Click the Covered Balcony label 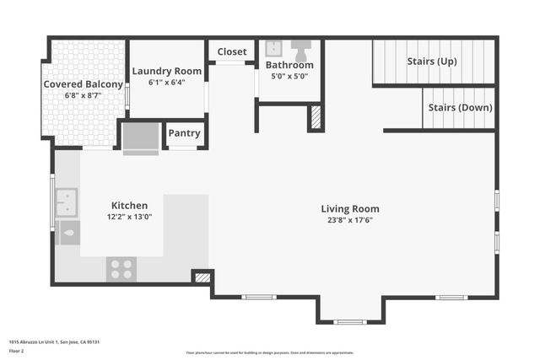(83, 84)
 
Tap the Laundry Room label (166, 72)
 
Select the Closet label (232, 52)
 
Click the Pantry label (184, 133)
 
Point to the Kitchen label (130, 205)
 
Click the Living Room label (350, 208)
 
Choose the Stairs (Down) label (460, 108)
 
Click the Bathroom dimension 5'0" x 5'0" (289, 76)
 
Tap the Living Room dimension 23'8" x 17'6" (350, 220)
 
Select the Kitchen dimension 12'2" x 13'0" (130, 217)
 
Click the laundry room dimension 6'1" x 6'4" (166, 83)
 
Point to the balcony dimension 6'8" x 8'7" (83, 96)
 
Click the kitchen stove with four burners (121, 268)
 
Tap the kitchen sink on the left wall (67, 203)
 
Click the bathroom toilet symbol (301, 46)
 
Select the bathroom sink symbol (273, 48)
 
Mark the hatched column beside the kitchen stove (201, 276)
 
